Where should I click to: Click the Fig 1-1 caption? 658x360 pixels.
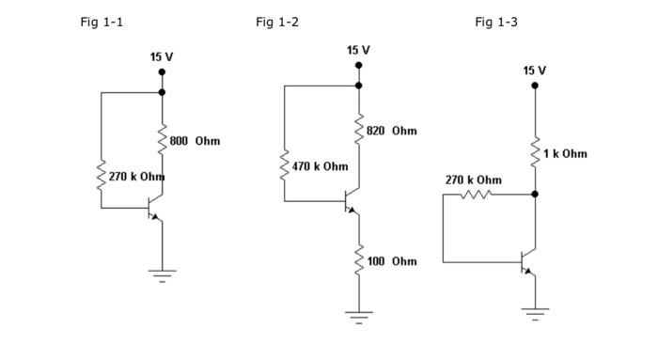102,22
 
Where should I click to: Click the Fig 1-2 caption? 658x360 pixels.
277,22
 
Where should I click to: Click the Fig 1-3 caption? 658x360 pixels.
496,22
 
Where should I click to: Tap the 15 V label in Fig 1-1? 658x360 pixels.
162,57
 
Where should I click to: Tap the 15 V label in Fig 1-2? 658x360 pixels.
358,50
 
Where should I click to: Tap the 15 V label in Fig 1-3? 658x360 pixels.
535,70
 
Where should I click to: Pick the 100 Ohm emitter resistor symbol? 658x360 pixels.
358,260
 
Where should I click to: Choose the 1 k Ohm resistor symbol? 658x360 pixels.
535,152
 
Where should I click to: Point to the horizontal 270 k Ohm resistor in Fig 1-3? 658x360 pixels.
476,195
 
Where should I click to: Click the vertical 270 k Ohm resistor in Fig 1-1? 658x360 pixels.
102,176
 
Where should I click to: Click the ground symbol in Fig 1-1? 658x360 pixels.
162,274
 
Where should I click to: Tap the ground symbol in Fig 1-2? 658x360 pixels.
358,315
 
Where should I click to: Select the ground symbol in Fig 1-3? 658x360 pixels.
535,311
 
